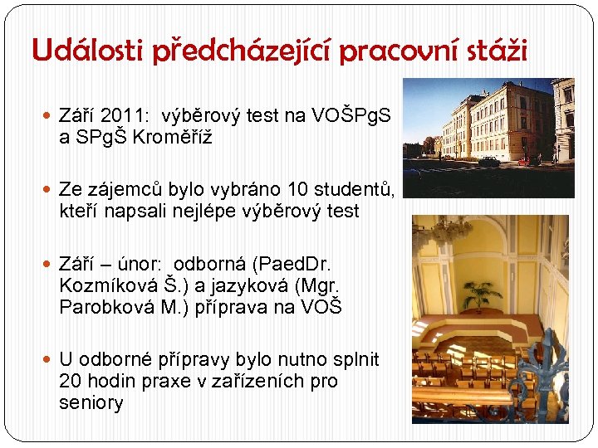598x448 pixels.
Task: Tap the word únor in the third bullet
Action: coord(144,265)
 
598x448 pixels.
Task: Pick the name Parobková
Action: coord(103,308)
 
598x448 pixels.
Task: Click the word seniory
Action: coord(91,404)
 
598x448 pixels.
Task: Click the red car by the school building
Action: coord(523,160)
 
